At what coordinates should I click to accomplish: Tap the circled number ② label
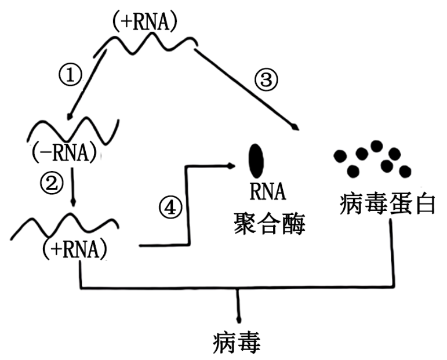coord(52,184)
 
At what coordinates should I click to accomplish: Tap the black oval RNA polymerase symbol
coord(255,160)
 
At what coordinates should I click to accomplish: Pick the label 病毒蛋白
coord(387,205)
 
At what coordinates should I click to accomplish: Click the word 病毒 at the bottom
coord(237,342)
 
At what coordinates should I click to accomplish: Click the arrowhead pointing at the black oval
coord(231,166)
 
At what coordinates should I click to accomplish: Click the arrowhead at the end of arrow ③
coord(296,127)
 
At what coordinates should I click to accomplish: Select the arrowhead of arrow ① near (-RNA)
coord(70,117)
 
